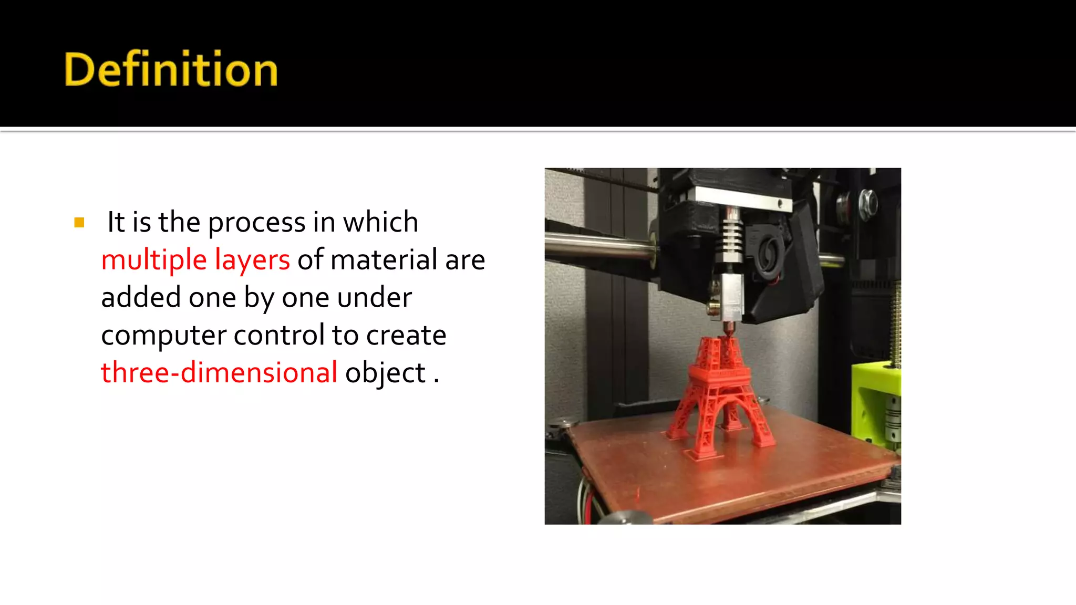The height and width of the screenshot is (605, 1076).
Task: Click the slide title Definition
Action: [171, 69]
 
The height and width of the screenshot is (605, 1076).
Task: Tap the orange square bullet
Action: [79, 223]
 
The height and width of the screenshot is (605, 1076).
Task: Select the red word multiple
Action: [154, 260]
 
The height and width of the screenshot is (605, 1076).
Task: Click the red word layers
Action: [252, 260]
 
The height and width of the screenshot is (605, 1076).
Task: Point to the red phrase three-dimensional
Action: [219, 373]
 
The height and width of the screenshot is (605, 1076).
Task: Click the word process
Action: [256, 223]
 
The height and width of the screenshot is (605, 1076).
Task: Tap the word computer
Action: [163, 336]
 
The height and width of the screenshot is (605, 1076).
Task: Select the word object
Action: [385, 373]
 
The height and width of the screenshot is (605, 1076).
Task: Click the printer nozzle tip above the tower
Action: [729, 330]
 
